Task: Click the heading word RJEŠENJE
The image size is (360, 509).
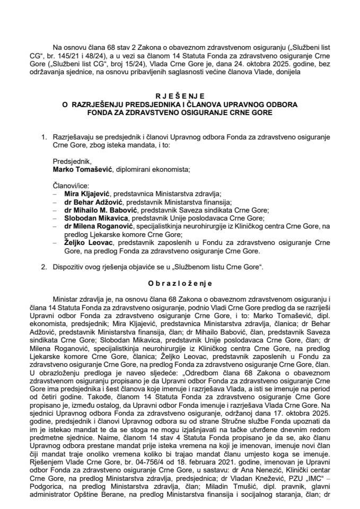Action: pyautogui.click(x=179, y=96)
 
